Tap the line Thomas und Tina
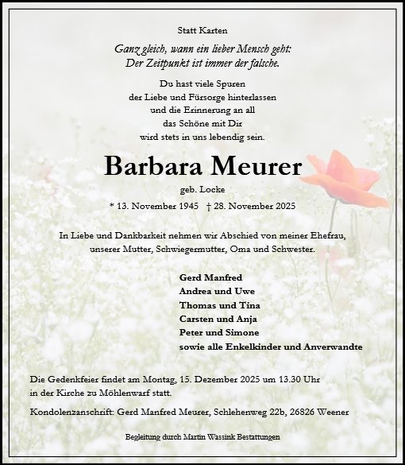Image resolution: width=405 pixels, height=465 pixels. point(214,306)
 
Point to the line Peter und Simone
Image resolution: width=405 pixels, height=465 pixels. point(215,333)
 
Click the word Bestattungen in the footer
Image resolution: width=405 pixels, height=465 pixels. point(253,438)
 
